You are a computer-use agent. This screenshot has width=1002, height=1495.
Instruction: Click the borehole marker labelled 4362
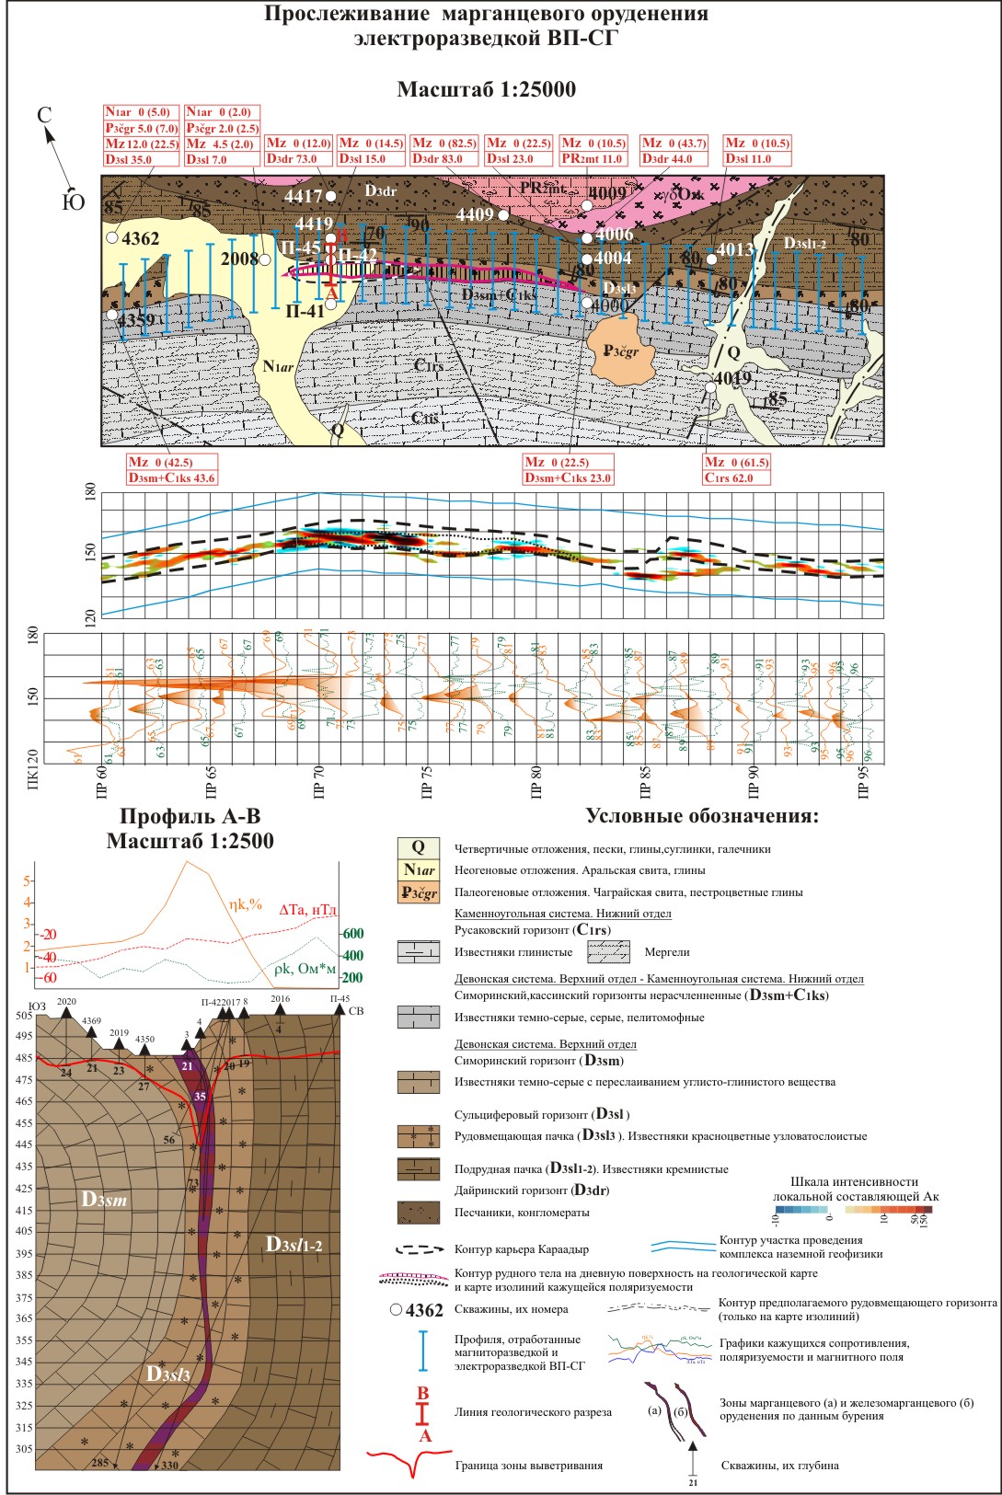(112, 238)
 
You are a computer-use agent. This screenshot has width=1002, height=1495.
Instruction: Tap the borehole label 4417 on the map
(304, 196)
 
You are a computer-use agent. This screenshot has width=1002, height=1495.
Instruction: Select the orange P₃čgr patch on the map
(620, 348)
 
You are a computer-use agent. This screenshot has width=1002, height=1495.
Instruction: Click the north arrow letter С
(43, 115)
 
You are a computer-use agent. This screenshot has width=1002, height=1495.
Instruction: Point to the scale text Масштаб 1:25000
(486, 89)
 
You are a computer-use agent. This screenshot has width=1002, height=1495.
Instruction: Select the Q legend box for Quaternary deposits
(418, 848)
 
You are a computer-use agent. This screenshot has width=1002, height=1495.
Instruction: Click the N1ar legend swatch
(418, 870)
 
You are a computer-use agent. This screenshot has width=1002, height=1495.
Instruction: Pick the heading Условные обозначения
(702, 816)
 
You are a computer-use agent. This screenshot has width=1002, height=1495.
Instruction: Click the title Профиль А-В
(190, 817)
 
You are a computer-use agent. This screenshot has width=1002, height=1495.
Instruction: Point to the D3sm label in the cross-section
(104, 1199)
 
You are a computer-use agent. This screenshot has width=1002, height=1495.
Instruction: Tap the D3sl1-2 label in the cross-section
(294, 1245)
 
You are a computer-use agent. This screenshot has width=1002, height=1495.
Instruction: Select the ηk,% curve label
(246, 904)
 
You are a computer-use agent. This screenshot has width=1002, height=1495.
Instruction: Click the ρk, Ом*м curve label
(305, 969)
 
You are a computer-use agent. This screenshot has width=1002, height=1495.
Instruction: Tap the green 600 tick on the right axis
(352, 934)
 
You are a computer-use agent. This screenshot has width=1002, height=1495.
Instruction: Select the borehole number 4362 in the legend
(424, 1310)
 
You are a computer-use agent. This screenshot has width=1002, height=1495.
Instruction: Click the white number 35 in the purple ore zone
(200, 1097)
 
